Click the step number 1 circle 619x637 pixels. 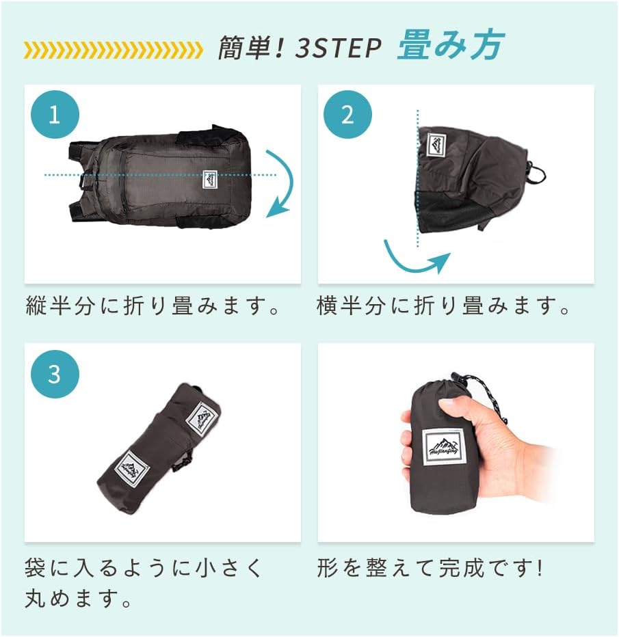click(55, 113)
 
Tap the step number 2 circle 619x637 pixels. click(347, 113)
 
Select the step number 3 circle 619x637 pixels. click(55, 374)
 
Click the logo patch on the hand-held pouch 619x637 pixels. click(445, 448)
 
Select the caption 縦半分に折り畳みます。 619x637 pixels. click(154, 306)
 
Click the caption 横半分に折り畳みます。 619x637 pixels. click(445, 306)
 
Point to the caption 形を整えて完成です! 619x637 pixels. click(430, 568)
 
